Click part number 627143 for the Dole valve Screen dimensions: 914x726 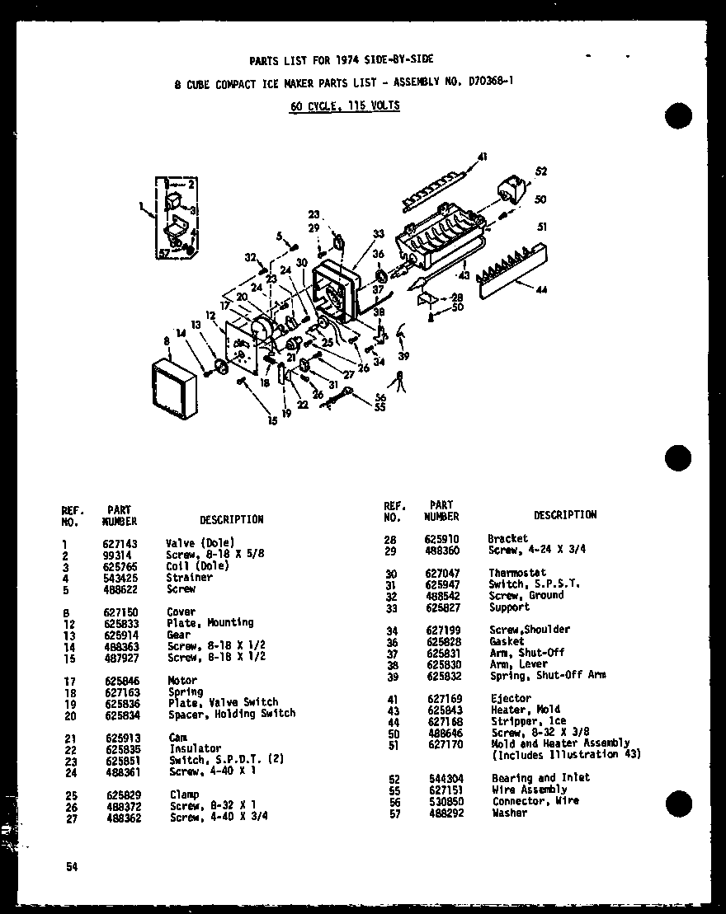119,543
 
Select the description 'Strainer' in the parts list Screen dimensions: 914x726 189,578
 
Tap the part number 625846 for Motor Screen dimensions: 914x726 119,680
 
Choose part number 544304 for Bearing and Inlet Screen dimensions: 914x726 441,778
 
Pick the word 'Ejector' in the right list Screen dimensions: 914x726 511,698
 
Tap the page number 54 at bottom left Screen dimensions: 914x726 73,866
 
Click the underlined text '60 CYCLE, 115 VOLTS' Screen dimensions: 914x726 345,105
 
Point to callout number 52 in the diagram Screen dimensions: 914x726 541,172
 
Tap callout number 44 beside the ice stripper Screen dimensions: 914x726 542,290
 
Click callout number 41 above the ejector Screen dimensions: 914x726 483,156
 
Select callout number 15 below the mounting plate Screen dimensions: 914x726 272,422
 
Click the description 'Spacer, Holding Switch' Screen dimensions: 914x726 232,714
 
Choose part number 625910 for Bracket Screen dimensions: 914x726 441,538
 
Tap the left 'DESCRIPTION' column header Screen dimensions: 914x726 231,519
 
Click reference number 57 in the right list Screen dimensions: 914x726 394,813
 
